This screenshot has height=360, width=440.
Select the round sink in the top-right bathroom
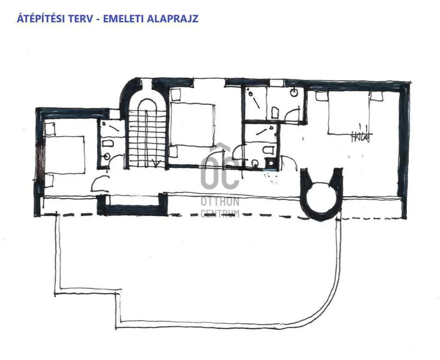tap(295, 92)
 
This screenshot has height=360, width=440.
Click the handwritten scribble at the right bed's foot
tap(360, 137)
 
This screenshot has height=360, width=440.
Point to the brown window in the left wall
tap(40, 161)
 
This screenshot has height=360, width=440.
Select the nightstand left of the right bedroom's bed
tap(321, 96)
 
